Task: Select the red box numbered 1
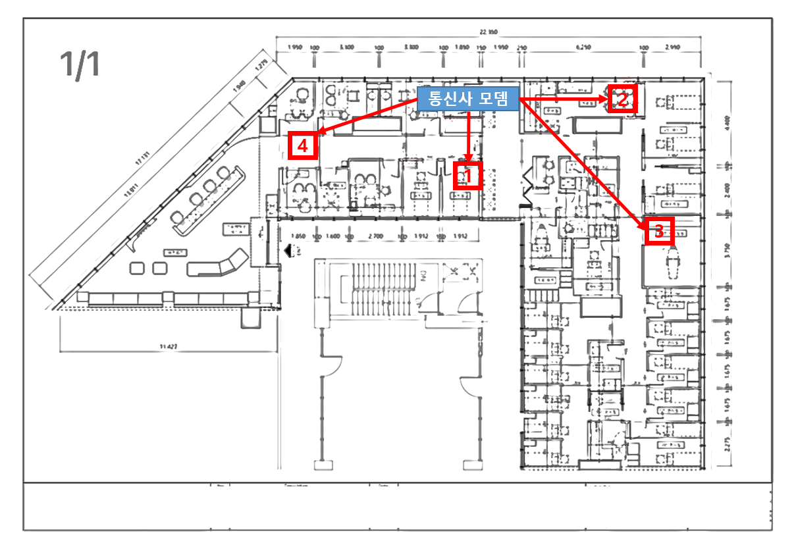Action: pos(468,176)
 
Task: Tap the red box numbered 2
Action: pos(622,99)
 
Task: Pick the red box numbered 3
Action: pos(659,230)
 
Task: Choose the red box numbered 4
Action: pos(303,146)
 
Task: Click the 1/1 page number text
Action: pos(80,64)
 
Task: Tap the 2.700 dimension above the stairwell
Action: pos(376,236)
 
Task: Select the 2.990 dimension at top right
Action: pos(672,47)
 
